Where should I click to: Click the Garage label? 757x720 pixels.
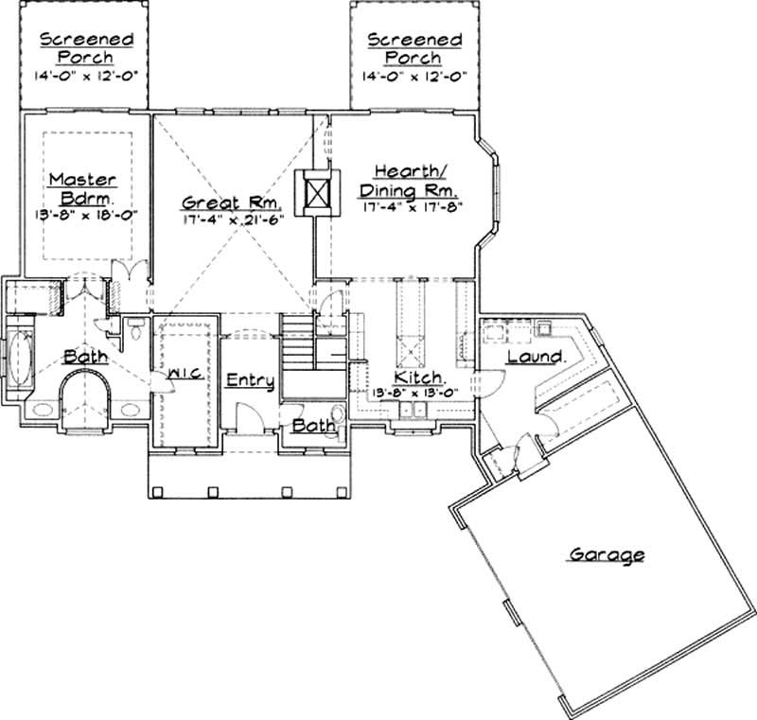tap(606, 554)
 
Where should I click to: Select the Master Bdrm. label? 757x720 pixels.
tap(82, 188)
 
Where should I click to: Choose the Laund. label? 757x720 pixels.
tap(537, 357)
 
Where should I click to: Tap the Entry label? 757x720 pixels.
tap(251, 379)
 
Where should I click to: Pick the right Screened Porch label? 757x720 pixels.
tap(414, 49)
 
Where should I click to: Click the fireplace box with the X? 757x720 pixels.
tap(317, 195)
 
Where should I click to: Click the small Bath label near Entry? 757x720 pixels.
tap(312, 426)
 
